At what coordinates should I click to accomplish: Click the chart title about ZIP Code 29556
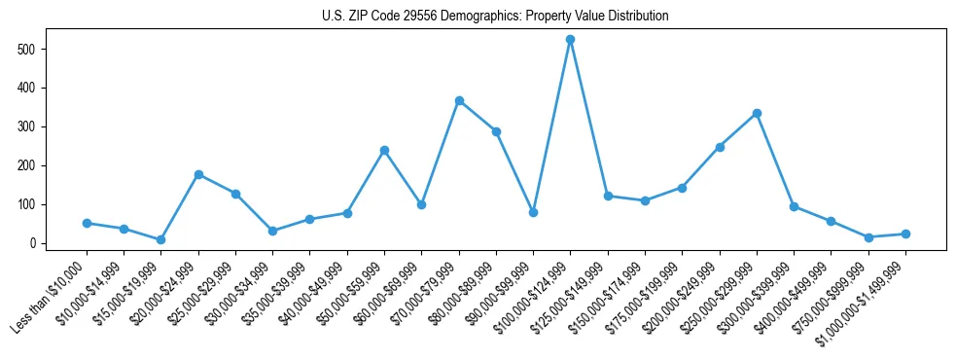(495, 17)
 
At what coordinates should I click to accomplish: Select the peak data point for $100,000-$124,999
(570, 39)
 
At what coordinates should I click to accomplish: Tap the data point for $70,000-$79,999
(459, 100)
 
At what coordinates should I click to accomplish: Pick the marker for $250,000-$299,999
(757, 113)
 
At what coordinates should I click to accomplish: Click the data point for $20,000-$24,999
(198, 174)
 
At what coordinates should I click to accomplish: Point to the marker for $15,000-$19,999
(161, 239)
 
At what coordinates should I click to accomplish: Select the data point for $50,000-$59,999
(384, 150)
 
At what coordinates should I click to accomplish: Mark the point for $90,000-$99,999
(533, 212)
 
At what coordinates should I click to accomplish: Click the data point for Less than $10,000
(87, 223)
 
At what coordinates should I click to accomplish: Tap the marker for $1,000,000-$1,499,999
(905, 234)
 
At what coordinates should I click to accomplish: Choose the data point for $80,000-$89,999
(496, 131)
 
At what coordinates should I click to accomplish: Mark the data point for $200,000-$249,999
(720, 147)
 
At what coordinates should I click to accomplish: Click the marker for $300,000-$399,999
(794, 206)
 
